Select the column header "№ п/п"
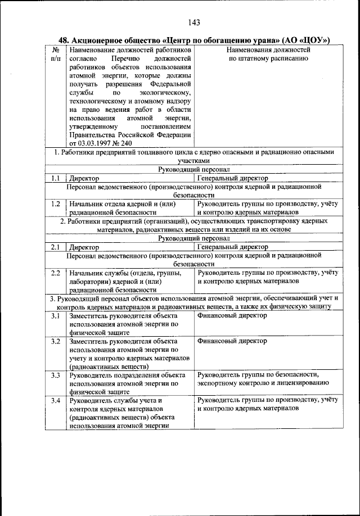pos(55,54)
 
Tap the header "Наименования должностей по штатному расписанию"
pos(268,54)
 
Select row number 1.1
pos(55,178)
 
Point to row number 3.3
pos(55,375)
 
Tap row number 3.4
pos(55,400)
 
